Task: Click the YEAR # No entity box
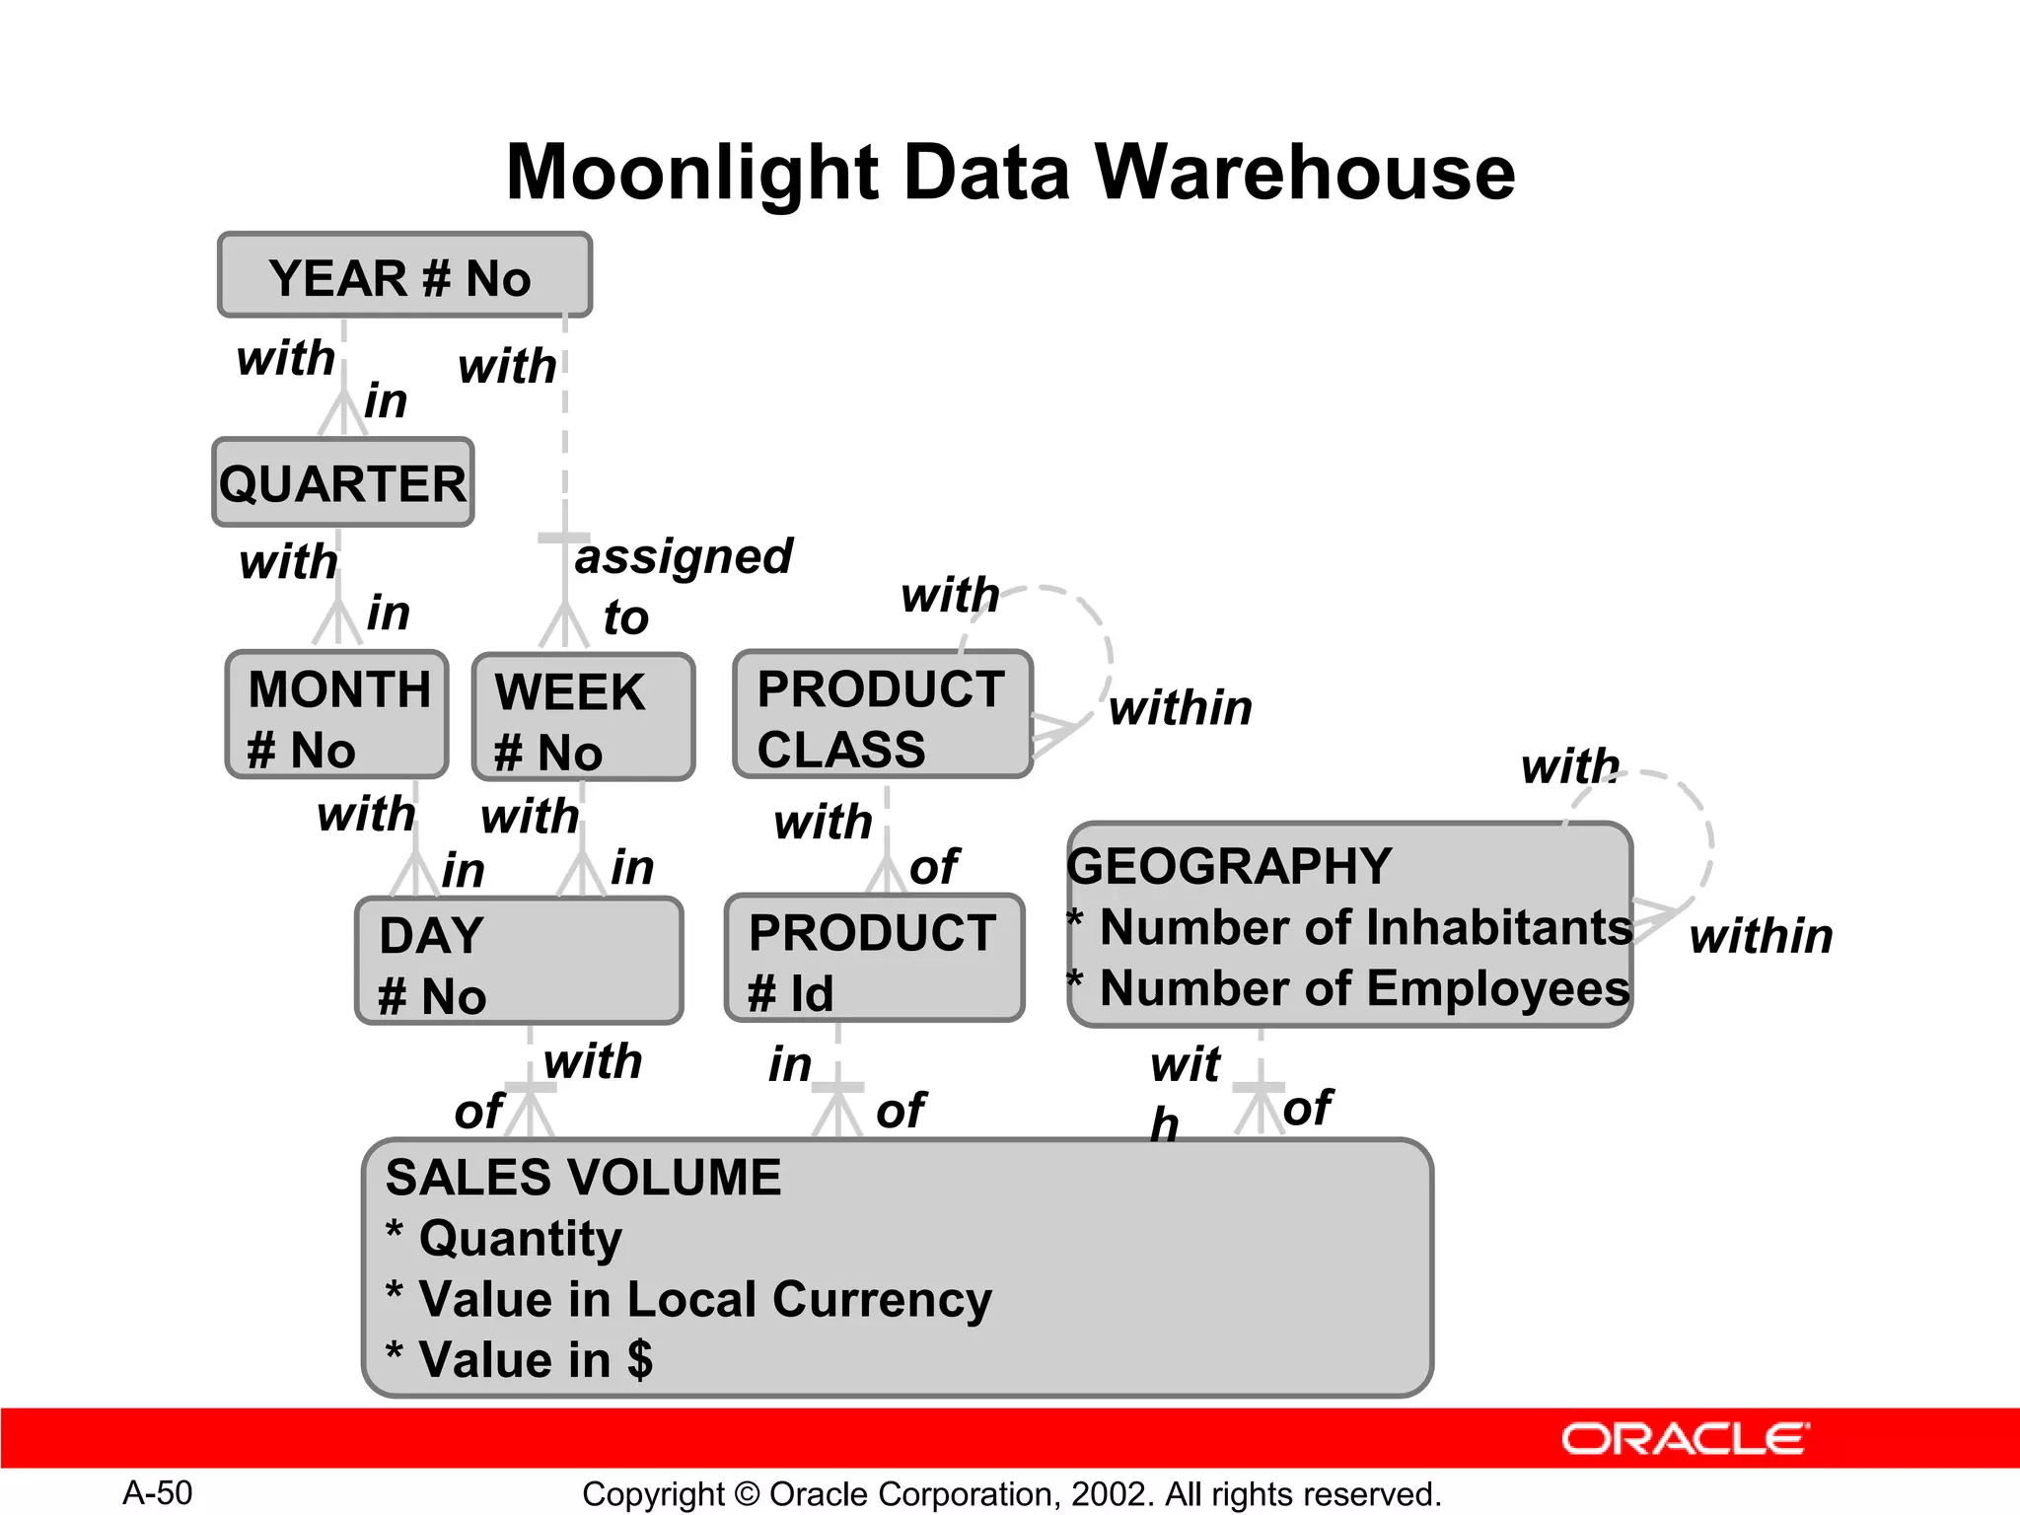[x=404, y=276]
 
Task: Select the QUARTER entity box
[x=343, y=483]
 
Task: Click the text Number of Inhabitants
[x=1365, y=928]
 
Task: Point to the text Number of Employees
[x=1363, y=989]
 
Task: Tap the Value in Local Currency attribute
[x=704, y=1299]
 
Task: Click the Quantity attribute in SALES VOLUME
[x=520, y=1238]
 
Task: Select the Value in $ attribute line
[x=535, y=1360]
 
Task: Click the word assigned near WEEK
[x=684, y=557]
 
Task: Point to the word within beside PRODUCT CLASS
[x=1180, y=708]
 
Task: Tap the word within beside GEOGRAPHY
[x=1761, y=936]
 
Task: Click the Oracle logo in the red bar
[x=1685, y=1439]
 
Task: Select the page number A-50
[x=158, y=1493]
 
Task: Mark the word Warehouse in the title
[x=1304, y=173]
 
